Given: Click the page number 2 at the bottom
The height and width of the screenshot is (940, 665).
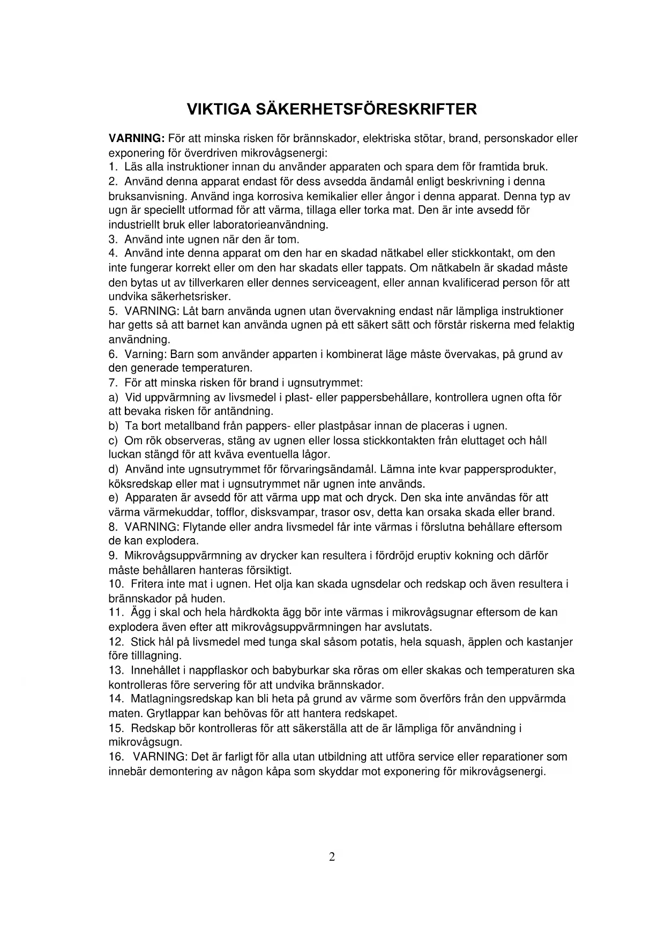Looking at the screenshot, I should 332,857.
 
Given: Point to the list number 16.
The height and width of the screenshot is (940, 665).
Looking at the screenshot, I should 116,757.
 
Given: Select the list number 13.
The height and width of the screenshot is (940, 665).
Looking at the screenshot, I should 116,670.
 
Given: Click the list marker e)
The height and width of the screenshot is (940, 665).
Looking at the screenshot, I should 113,498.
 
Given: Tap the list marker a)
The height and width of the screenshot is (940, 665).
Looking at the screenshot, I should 113,398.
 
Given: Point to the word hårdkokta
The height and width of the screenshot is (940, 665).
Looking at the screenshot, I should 244,613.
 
